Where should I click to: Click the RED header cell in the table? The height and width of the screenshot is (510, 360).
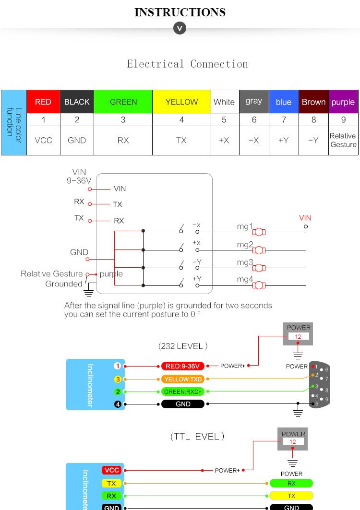pyautogui.click(x=43, y=102)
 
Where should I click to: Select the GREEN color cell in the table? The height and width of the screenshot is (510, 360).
pyautogui.click(x=123, y=102)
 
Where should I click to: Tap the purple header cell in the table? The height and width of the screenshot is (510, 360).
pyautogui.click(x=343, y=102)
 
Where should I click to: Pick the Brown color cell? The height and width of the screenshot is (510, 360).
pyautogui.click(x=313, y=102)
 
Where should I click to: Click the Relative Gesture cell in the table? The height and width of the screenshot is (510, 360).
pyautogui.click(x=343, y=140)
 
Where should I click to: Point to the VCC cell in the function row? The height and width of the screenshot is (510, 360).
pyautogui.click(x=43, y=140)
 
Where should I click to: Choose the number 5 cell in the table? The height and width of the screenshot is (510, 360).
pyautogui.click(x=225, y=119)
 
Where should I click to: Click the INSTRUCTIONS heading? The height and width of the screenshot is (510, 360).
pyautogui.click(x=180, y=12)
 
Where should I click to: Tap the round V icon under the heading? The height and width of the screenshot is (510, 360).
pyautogui.click(x=180, y=29)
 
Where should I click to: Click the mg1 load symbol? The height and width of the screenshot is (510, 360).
pyautogui.click(x=259, y=232)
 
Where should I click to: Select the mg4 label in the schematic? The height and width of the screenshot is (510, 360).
pyautogui.click(x=245, y=279)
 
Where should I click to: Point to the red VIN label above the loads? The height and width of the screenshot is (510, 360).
pyautogui.click(x=305, y=218)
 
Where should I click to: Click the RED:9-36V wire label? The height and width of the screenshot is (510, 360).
pyautogui.click(x=183, y=366)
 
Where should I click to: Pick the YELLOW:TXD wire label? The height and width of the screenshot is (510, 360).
pyautogui.click(x=183, y=379)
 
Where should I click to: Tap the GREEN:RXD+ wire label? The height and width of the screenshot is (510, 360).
pyautogui.click(x=183, y=391)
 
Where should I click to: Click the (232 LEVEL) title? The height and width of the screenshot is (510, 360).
pyautogui.click(x=183, y=346)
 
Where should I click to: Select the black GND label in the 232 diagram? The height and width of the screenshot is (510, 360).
pyautogui.click(x=183, y=404)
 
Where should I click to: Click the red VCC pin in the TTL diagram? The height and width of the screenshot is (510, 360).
pyautogui.click(x=111, y=470)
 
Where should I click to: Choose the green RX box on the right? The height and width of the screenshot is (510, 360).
pyautogui.click(x=291, y=483)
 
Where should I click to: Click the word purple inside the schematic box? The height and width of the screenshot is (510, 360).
pyautogui.click(x=111, y=274)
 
